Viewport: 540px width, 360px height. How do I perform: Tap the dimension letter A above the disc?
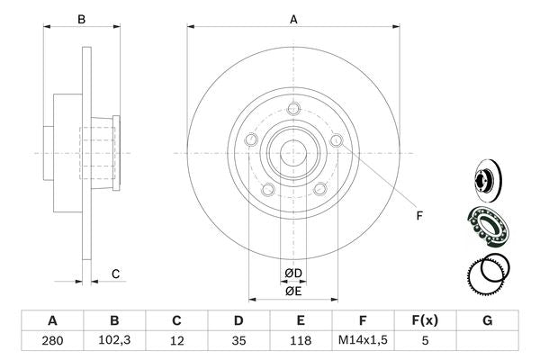pyautogui.click(x=293, y=18)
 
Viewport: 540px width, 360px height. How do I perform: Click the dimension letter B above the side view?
pyautogui.click(x=81, y=18)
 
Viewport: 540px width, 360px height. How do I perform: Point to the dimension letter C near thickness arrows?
pyautogui.click(x=115, y=274)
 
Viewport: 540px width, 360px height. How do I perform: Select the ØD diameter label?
pyautogui.click(x=293, y=273)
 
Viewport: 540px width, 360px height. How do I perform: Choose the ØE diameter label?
pyautogui.click(x=293, y=291)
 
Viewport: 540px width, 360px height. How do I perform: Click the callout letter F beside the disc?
pyautogui.click(x=418, y=215)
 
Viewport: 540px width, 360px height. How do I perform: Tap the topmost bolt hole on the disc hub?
pyautogui.click(x=293, y=111)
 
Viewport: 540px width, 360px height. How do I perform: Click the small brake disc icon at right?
pyautogui.click(x=487, y=178)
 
